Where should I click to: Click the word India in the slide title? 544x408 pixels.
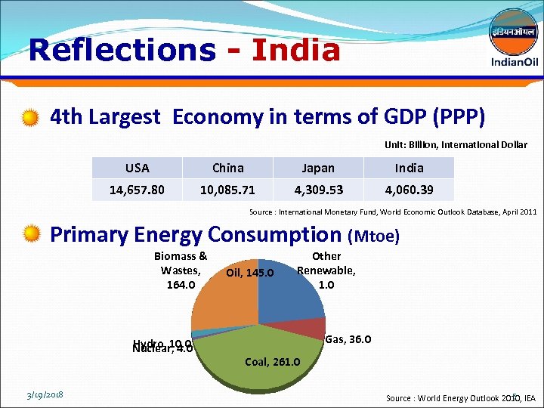point(296,51)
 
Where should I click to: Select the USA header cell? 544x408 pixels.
point(137,168)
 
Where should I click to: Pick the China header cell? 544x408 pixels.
point(227,168)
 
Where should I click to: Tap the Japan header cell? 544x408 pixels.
point(317,168)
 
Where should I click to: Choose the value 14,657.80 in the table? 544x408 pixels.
point(137,190)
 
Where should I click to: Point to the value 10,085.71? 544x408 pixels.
point(227,190)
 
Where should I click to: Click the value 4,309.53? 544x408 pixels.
point(317,190)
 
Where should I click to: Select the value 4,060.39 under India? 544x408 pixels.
point(409,190)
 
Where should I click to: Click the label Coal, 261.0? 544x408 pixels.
point(273,362)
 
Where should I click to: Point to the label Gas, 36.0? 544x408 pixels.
point(348,339)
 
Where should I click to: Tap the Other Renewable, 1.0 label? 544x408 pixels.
point(326,270)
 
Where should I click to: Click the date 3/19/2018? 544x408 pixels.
point(45,394)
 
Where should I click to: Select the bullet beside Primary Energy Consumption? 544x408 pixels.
point(31,235)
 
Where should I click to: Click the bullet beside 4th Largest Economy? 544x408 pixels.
point(31,117)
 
